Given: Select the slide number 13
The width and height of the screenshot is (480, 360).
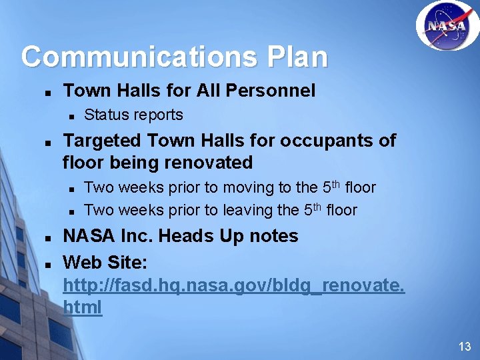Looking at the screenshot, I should (x=465, y=346).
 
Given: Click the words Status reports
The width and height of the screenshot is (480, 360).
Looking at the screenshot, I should (x=133, y=115).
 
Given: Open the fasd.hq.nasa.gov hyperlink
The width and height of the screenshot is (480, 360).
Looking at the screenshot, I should (x=233, y=286).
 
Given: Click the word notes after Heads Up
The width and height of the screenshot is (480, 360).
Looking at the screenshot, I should (x=276, y=236).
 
